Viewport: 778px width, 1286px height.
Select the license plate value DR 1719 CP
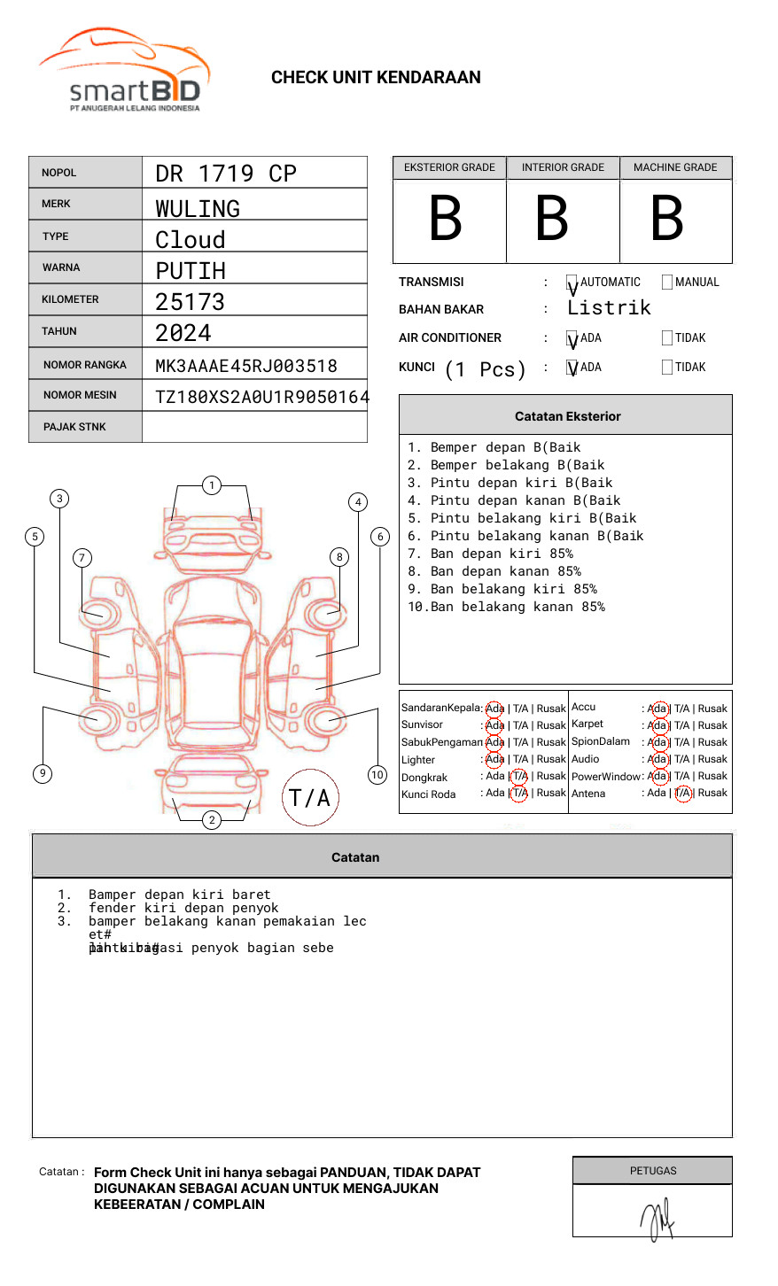coord(226,174)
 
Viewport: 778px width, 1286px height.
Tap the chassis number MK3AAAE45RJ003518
coord(246,366)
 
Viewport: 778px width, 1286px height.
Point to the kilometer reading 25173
coord(190,302)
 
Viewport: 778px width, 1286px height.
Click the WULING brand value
coord(198,209)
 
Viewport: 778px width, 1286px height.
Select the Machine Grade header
coord(675,167)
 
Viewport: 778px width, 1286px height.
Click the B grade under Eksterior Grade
coord(446,219)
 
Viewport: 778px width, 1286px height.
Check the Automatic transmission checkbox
coord(572,283)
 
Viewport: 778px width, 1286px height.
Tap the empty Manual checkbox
coord(667,283)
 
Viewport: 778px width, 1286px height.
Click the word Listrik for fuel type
coord(609,308)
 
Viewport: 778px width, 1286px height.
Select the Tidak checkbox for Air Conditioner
coord(667,338)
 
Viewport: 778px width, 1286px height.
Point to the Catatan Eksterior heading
coord(567,416)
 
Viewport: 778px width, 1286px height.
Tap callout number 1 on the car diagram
coord(211,485)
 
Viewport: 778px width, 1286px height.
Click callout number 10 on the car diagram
coord(377,775)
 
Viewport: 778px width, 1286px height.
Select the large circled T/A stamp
coord(310,798)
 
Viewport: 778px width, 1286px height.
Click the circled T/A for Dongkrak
coord(519,777)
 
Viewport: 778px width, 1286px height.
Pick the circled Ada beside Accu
coord(658,709)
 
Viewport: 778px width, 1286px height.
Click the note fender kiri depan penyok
coord(183,908)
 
